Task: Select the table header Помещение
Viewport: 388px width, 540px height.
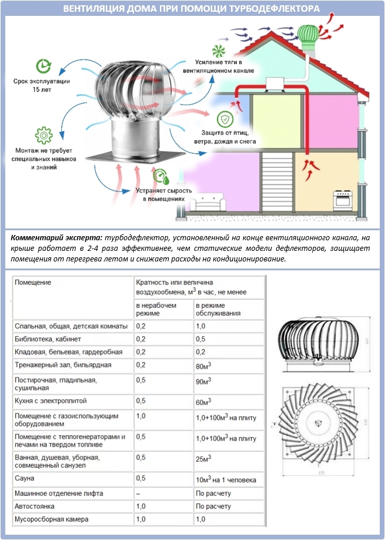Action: click(x=33, y=282)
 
